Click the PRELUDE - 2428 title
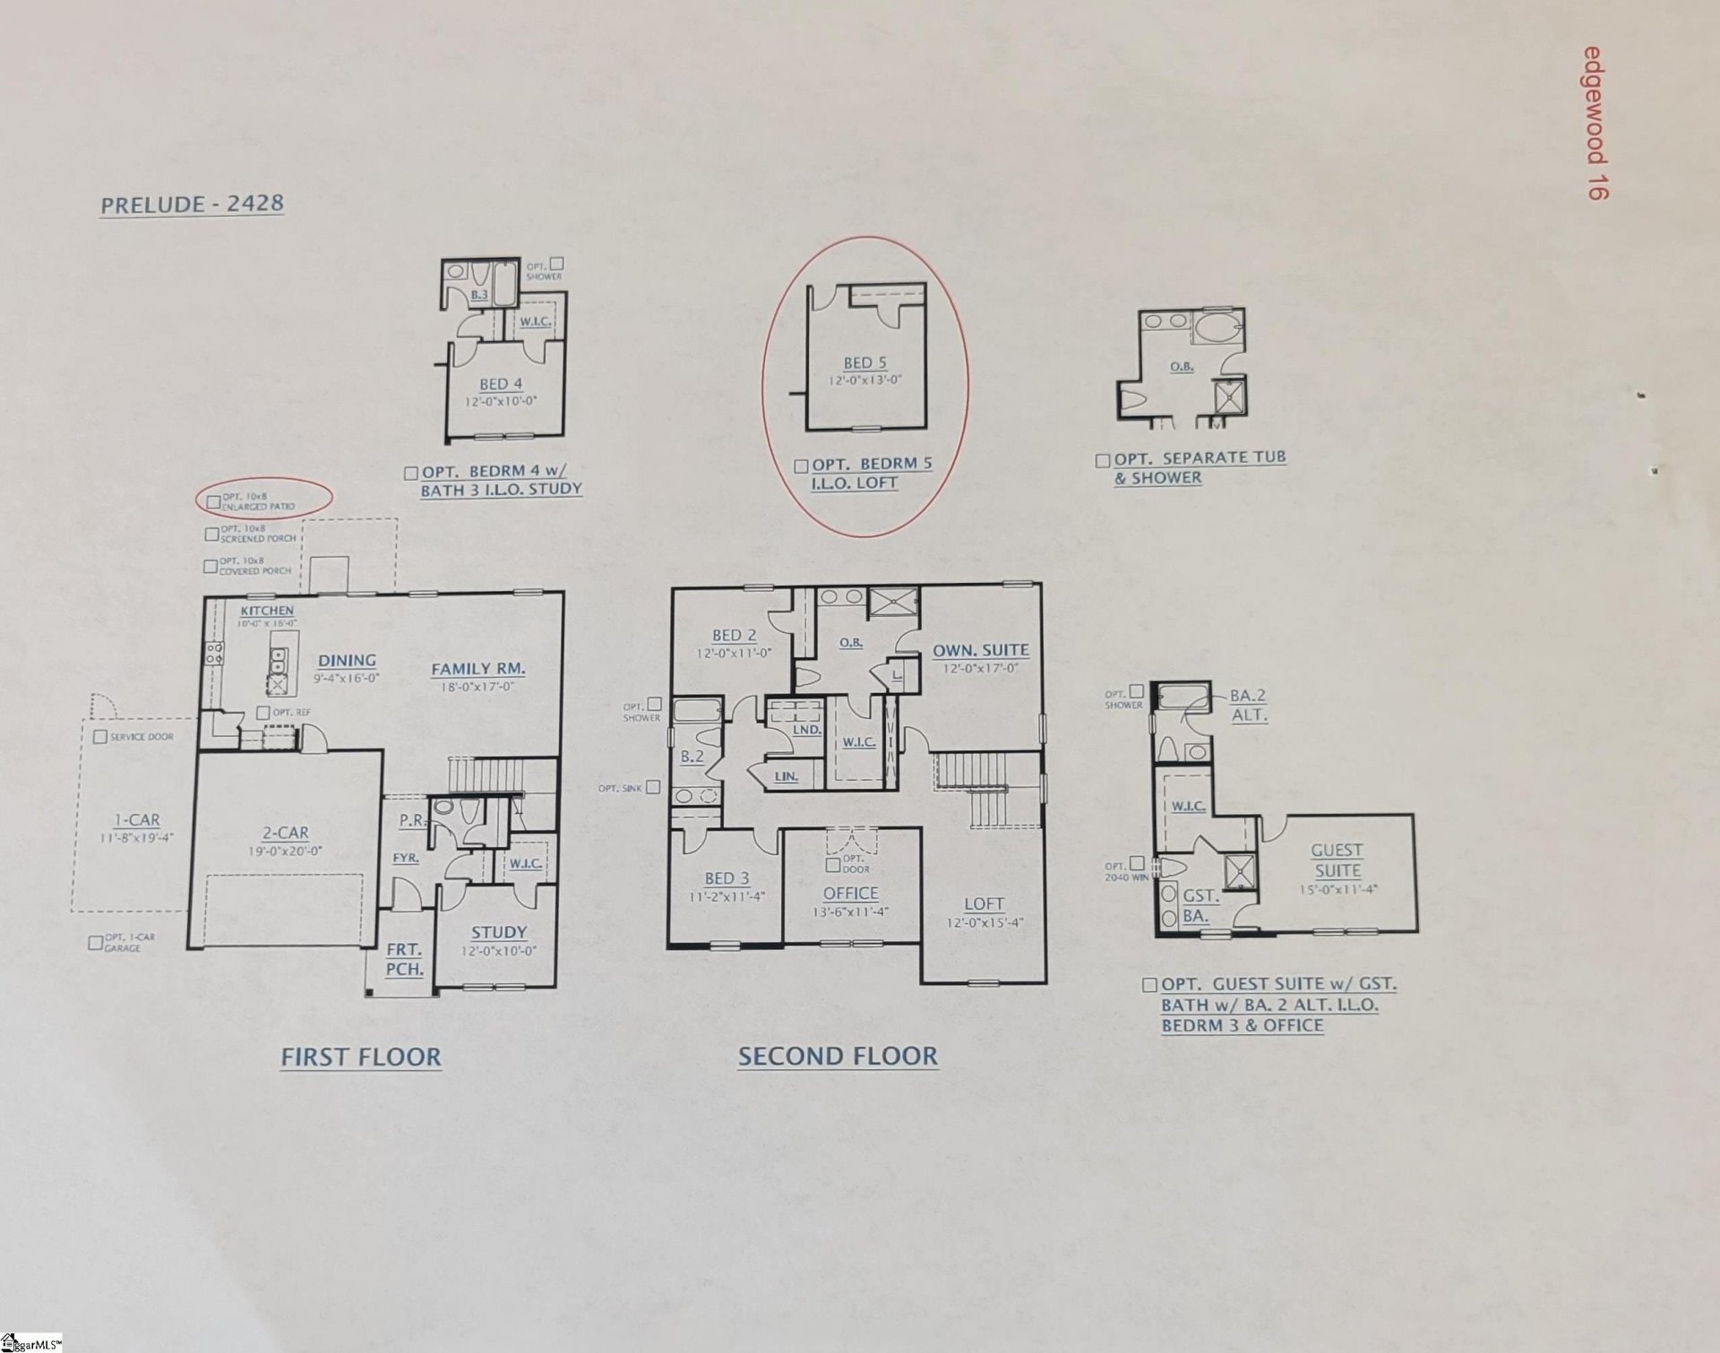tap(192, 204)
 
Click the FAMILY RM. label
tap(477, 669)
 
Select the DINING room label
tap(347, 661)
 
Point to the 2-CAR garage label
tap(285, 833)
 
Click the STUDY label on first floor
tap(499, 932)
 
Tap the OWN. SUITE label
tap(981, 651)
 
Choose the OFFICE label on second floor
tap(850, 893)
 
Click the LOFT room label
tap(984, 904)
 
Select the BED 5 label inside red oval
tap(864, 363)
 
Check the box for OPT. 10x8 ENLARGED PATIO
tap(213, 501)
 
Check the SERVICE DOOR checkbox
tap(100, 737)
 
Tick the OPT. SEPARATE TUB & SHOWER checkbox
tap(1103, 460)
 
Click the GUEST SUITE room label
tap(1337, 860)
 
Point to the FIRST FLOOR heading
tap(361, 1057)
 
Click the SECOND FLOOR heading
tap(838, 1056)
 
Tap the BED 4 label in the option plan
tap(500, 384)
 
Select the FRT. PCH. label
tap(404, 959)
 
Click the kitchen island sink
tap(279, 661)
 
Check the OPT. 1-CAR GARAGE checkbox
tap(95, 942)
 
